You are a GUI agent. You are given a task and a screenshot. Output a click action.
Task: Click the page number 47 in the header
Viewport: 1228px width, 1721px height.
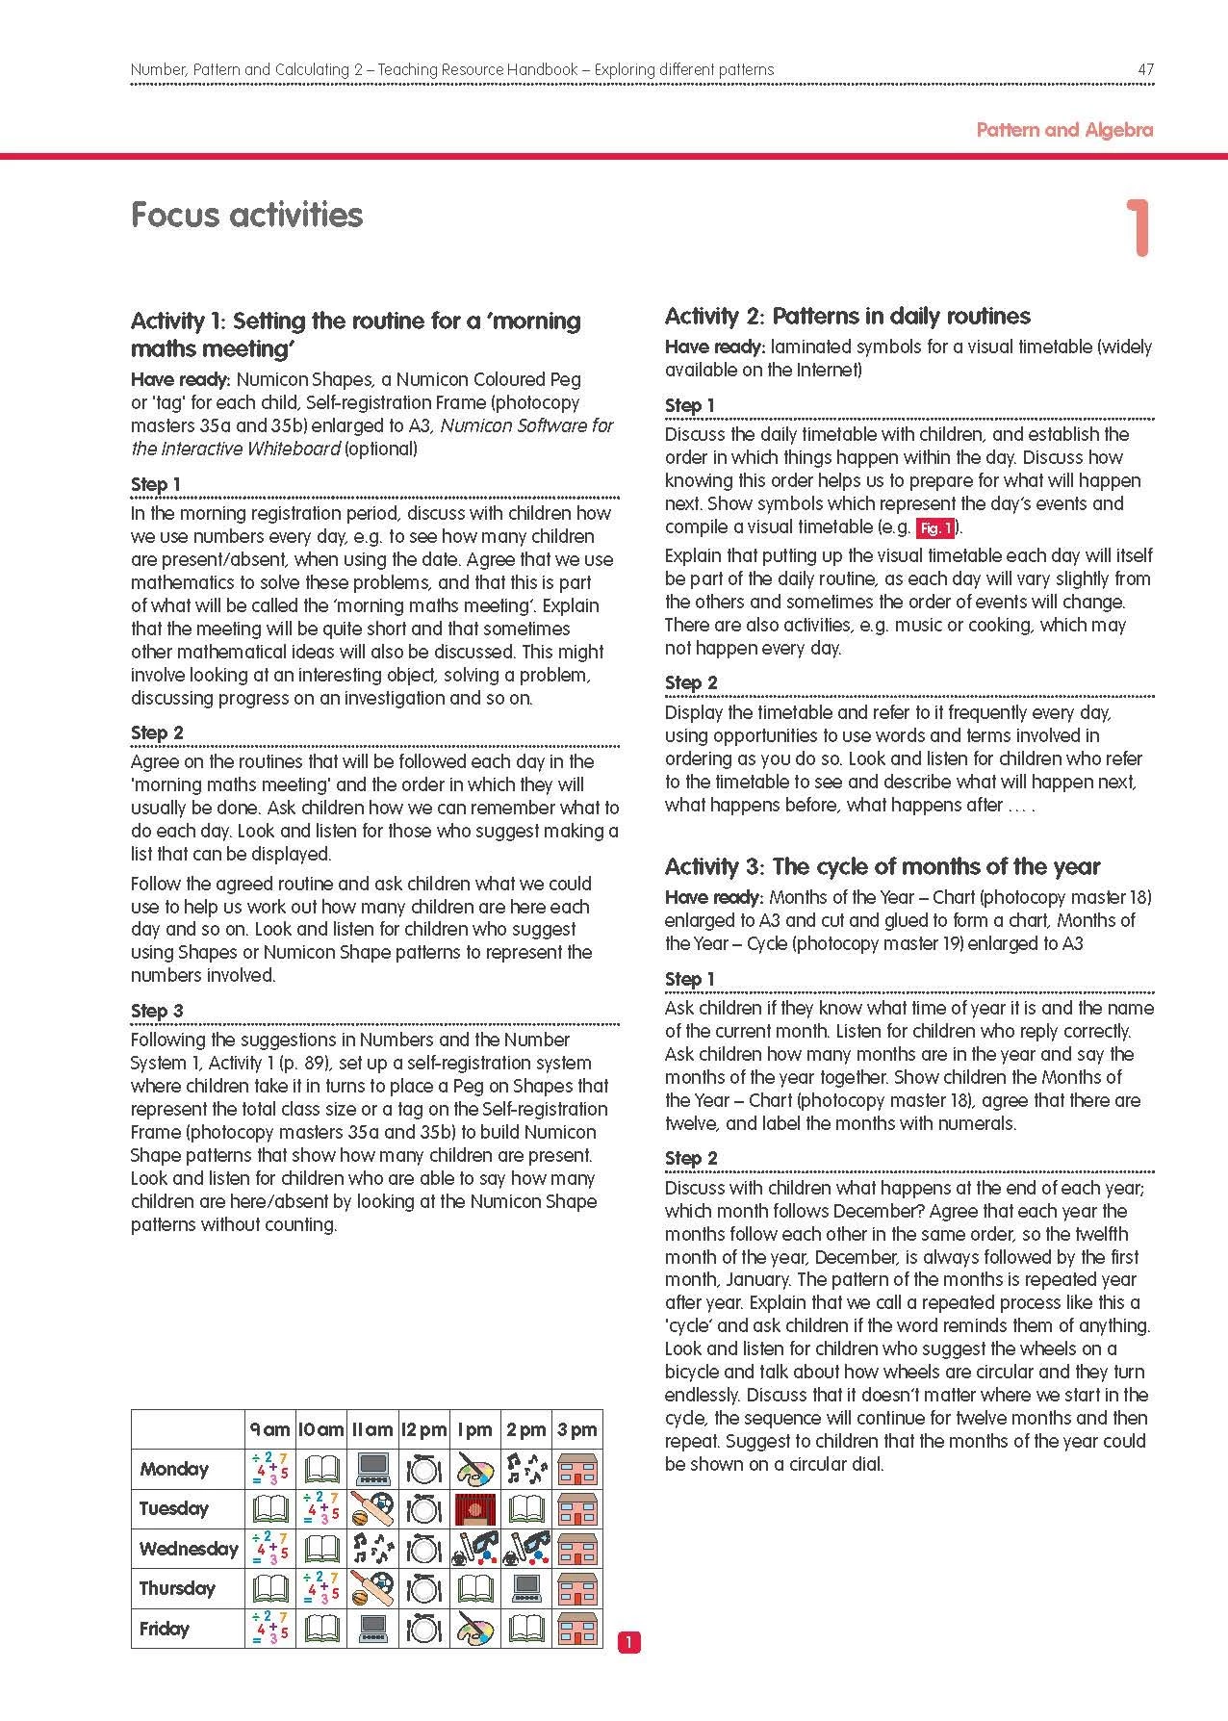(1144, 69)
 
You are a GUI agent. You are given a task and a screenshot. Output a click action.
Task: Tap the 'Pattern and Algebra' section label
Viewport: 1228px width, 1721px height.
(1063, 130)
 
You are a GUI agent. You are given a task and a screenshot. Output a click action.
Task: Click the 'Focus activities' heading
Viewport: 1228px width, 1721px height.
(246, 215)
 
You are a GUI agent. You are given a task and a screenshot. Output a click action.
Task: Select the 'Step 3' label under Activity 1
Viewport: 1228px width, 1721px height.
(157, 1011)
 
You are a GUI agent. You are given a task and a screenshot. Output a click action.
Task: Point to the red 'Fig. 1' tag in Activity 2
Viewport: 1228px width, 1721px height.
(934, 528)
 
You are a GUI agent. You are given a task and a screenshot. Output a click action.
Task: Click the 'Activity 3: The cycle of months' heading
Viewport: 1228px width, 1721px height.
(882, 866)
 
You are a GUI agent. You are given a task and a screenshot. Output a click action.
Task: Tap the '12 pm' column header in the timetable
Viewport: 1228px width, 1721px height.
(423, 1429)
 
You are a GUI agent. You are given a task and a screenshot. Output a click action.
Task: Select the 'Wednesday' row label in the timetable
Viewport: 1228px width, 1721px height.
(188, 1549)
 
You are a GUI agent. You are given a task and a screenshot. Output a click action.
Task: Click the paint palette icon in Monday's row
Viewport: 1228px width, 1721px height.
(475, 1470)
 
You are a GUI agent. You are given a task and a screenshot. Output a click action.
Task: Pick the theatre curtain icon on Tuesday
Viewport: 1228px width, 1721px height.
(475, 1509)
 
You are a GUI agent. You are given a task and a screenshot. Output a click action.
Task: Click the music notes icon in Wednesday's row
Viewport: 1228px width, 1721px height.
(372, 1549)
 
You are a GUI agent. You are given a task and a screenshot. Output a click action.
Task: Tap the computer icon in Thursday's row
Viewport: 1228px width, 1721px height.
(526, 1588)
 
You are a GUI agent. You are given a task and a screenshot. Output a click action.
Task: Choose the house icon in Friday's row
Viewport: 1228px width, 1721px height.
(577, 1629)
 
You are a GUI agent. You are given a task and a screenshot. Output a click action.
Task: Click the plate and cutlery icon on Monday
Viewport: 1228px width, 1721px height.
(423, 1470)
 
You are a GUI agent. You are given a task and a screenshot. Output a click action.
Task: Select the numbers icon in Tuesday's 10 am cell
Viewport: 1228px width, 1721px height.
(321, 1509)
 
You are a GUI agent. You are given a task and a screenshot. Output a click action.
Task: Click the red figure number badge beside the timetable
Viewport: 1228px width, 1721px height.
(627, 1643)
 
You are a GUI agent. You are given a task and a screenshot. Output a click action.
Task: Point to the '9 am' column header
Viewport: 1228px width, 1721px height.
(269, 1429)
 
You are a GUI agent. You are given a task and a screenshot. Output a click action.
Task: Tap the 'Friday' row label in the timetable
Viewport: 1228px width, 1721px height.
(165, 1629)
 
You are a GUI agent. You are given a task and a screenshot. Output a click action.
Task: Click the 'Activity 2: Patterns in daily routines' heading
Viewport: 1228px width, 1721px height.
(847, 316)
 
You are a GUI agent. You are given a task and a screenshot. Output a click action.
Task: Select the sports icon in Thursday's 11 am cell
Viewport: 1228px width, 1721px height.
(372, 1588)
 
